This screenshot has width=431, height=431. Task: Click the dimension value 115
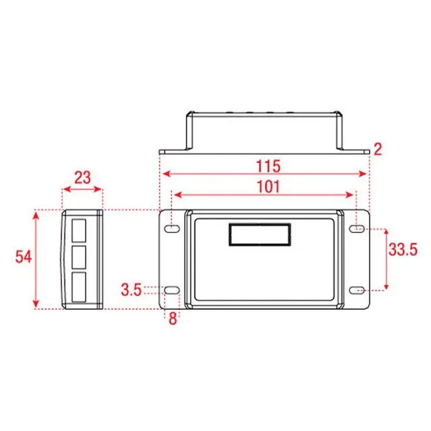268,166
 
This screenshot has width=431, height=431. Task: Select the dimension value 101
268,187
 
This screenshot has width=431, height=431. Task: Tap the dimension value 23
82,178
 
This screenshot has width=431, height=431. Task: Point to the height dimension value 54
24,257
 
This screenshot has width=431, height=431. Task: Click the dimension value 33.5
403,250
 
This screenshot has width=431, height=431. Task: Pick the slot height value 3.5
131,290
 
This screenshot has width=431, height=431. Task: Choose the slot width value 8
172,319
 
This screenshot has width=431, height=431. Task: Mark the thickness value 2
378,150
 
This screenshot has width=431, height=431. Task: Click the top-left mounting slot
172,228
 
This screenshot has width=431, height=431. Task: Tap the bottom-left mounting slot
172,290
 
